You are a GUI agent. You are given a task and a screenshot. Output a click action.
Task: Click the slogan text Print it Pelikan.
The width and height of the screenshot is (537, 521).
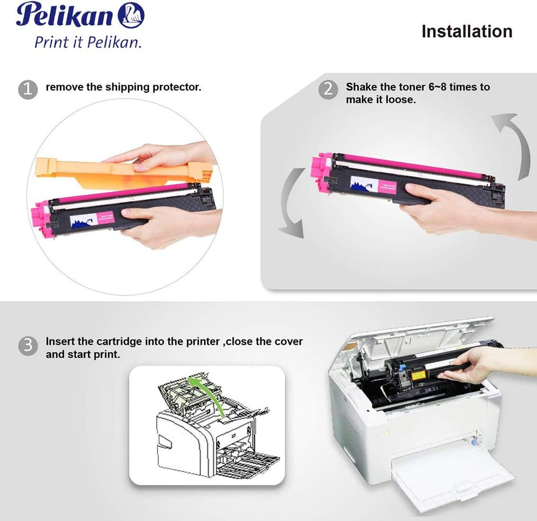(88, 42)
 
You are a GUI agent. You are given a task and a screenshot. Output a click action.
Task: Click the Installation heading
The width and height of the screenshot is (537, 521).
(466, 31)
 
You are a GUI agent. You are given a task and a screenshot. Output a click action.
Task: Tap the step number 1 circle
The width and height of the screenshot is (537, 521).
(28, 90)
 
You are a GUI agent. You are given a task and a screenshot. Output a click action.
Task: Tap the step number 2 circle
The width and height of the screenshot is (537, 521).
(328, 90)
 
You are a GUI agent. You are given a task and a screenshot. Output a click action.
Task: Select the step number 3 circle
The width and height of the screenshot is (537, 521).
(28, 346)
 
